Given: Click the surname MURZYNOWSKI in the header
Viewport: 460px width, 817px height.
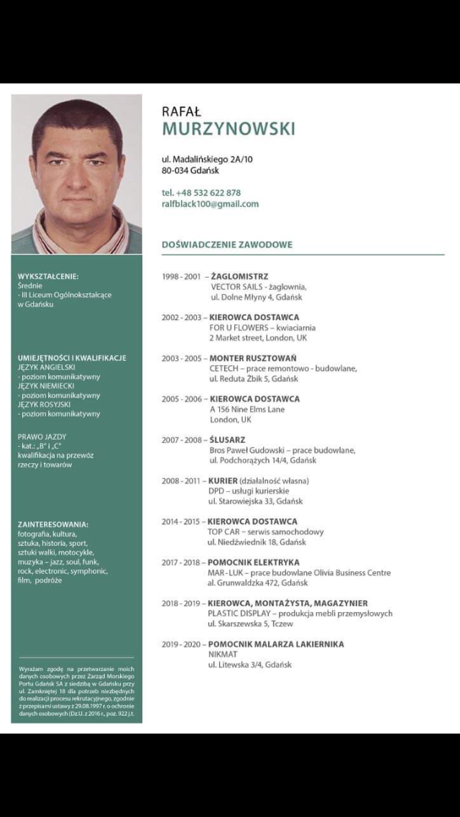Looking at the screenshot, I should (x=229, y=129).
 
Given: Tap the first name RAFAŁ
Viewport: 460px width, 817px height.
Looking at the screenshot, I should (x=182, y=110).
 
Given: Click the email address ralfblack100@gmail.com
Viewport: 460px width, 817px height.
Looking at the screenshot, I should (x=210, y=204).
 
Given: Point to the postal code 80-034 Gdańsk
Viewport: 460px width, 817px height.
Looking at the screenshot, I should (x=190, y=170).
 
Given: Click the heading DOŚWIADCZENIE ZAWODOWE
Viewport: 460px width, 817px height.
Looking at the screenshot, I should (x=227, y=245).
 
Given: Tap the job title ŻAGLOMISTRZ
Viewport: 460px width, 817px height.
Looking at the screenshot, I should (x=239, y=276).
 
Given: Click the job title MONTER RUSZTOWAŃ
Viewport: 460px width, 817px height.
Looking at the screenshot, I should (x=253, y=358).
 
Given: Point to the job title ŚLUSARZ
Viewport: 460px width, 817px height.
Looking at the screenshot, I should (x=228, y=439).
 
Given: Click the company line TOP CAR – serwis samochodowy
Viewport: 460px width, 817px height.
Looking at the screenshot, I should (x=265, y=531).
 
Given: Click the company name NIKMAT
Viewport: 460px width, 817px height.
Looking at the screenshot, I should (x=222, y=654).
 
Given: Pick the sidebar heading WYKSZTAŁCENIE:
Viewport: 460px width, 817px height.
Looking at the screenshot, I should (x=48, y=276).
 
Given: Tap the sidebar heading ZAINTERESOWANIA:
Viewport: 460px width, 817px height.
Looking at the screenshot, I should (x=53, y=524).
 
